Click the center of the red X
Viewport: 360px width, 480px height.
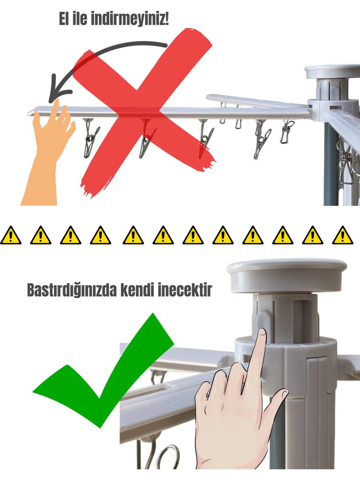144,111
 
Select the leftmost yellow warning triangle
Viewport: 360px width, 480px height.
10,235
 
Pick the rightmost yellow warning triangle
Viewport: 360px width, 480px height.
342,235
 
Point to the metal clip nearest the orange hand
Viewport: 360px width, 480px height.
90,139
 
